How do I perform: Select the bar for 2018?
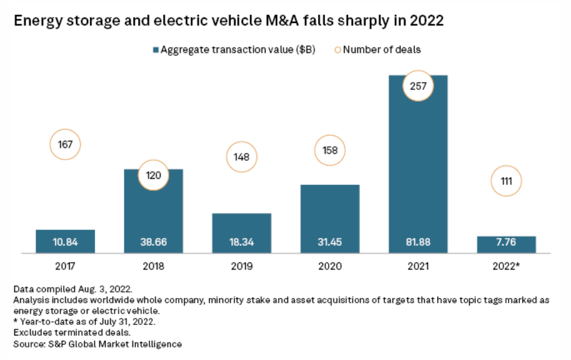tap(154, 212)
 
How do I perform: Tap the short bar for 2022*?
tap(506, 244)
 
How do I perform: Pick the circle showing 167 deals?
tap(66, 145)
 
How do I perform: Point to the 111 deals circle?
tap(506, 181)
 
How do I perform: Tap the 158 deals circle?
tap(330, 151)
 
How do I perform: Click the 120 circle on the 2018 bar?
tap(154, 176)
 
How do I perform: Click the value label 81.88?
tap(418, 242)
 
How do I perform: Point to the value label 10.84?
tap(66, 242)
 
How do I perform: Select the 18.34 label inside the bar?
tap(242, 242)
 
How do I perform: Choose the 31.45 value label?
tap(330, 242)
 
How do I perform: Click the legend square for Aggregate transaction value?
tap(156, 50)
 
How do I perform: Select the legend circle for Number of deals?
tap(338, 50)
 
